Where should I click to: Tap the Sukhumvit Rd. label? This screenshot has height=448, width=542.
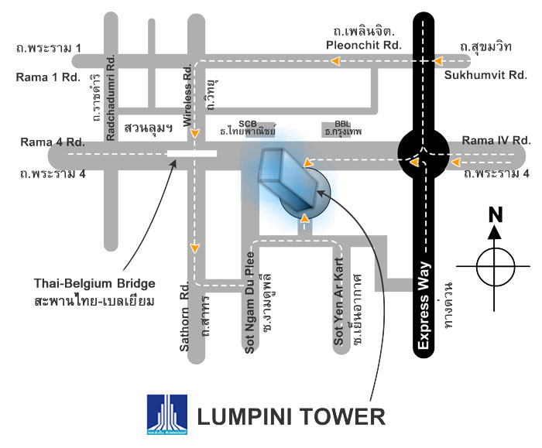[x=485, y=75]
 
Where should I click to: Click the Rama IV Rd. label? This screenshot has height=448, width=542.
[x=495, y=140]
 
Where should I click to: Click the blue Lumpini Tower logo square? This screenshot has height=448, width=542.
[x=166, y=415]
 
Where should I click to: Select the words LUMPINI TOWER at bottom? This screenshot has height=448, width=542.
[x=291, y=416]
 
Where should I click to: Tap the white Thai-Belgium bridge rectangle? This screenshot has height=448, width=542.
[x=191, y=153]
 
